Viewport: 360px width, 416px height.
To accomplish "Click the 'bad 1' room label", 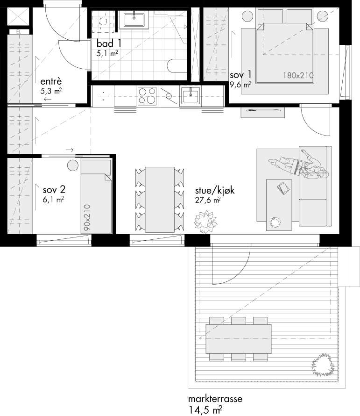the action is (109, 43).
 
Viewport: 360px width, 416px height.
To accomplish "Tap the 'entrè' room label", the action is (51, 81).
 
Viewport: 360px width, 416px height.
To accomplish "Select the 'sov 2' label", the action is (54, 189).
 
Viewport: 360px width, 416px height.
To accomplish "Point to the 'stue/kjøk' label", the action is (215, 190).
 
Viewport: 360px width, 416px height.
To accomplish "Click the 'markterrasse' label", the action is (215, 399).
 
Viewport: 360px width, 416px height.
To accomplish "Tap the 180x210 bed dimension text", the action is (298, 76).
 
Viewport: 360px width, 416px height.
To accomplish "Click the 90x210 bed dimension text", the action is (87, 217).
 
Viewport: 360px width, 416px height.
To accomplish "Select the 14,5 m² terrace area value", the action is (205, 410).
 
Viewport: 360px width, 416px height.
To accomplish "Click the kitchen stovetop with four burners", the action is (147, 96).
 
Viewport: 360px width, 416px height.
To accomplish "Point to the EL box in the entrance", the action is (19, 32).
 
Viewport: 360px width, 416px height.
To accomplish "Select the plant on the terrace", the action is (323, 364).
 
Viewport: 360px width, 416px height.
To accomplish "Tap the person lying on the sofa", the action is (298, 165).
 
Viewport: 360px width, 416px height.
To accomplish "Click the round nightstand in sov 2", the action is (73, 165).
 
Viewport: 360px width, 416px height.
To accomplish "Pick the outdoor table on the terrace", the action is (238, 339).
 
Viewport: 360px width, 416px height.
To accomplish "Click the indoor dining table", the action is (160, 200).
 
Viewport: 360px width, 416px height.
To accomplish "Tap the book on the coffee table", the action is (283, 188).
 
